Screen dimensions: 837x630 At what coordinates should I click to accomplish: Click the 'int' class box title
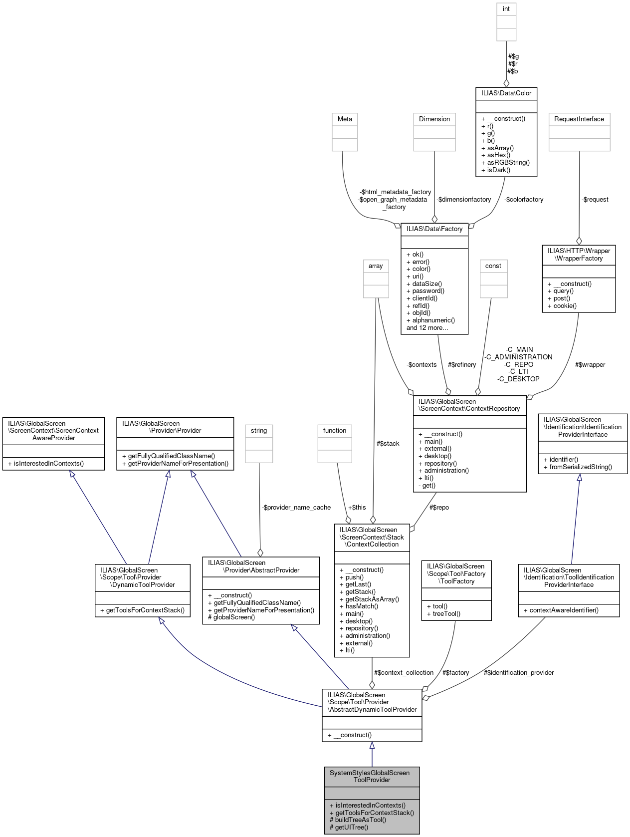tap(506, 9)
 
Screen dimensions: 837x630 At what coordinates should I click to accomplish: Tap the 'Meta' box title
tap(345, 119)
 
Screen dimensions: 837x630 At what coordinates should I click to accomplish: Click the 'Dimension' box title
tap(434, 119)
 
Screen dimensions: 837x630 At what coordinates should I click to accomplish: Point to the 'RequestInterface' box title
tap(579, 119)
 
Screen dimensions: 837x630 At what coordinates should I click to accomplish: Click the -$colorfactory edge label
tap(524, 200)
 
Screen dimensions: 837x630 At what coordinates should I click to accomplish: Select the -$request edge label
tap(595, 200)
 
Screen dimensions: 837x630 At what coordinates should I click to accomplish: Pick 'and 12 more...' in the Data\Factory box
tap(427, 328)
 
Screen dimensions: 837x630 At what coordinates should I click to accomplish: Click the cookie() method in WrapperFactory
tap(565, 306)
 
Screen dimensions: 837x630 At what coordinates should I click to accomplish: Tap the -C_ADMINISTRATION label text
tap(519, 357)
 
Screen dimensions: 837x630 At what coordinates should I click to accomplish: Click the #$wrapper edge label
tap(590, 365)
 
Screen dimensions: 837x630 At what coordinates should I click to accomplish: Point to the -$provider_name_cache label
tap(296, 508)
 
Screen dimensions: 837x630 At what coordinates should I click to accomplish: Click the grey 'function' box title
tap(334, 431)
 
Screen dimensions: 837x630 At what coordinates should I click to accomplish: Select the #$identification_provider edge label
tap(519, 673)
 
